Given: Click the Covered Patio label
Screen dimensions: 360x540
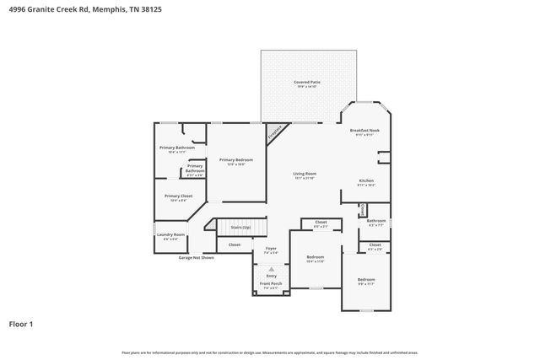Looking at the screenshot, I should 306,83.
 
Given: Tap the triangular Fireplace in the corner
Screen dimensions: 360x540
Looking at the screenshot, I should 275,132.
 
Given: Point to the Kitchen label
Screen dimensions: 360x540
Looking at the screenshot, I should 366,181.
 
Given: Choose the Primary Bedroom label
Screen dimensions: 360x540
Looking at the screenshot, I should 236,160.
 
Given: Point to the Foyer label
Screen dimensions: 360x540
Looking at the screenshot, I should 271,250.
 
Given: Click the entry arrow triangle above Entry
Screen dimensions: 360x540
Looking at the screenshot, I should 271,269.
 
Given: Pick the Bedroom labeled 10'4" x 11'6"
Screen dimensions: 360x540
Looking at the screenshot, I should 315,257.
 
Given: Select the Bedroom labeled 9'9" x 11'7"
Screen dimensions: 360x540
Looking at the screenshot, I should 365,280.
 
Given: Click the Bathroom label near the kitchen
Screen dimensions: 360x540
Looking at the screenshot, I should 375,221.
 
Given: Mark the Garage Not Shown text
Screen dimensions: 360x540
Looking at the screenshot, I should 196,257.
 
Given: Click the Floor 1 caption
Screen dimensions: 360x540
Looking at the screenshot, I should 22,323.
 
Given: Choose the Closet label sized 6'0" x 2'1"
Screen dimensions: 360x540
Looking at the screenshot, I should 321,223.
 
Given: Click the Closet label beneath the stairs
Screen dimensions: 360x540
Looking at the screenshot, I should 234,244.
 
